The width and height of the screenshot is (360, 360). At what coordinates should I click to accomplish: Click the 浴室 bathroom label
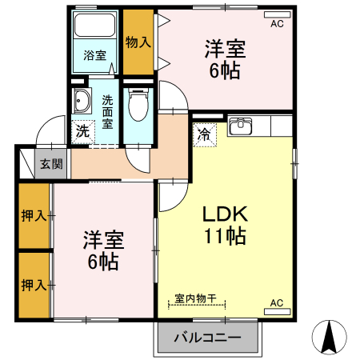[x=95, y=55]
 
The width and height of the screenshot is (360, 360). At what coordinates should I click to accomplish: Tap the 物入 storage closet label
[x=138, y=41]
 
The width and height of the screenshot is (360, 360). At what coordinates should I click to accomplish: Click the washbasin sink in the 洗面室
[x=81, y=102]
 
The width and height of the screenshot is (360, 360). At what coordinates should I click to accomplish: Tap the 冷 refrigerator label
[x=205, y=134]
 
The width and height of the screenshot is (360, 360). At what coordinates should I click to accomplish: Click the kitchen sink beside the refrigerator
[x=240, y=126]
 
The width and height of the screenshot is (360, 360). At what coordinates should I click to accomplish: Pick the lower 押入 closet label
[x=33, y=284]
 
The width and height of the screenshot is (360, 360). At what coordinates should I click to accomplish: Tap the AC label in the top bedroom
[x=277, y=24]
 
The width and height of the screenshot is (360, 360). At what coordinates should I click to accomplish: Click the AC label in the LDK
[x=277, y=302]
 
